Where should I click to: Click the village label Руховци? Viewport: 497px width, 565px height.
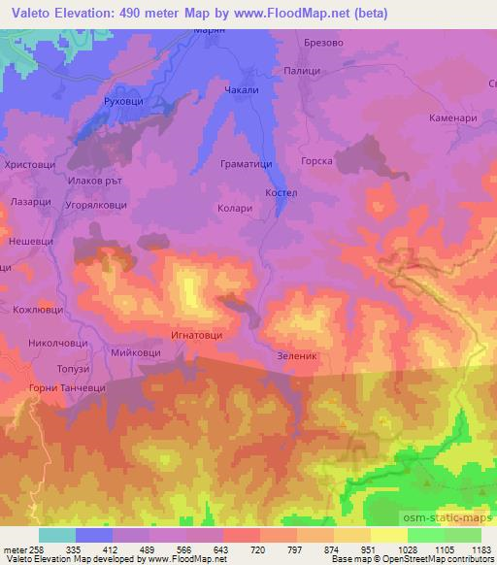(122, 100)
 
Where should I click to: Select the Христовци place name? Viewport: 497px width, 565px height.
(30, 166)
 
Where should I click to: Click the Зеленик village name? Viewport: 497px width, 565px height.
(298, 355)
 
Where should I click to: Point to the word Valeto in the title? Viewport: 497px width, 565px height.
(30, 13)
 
